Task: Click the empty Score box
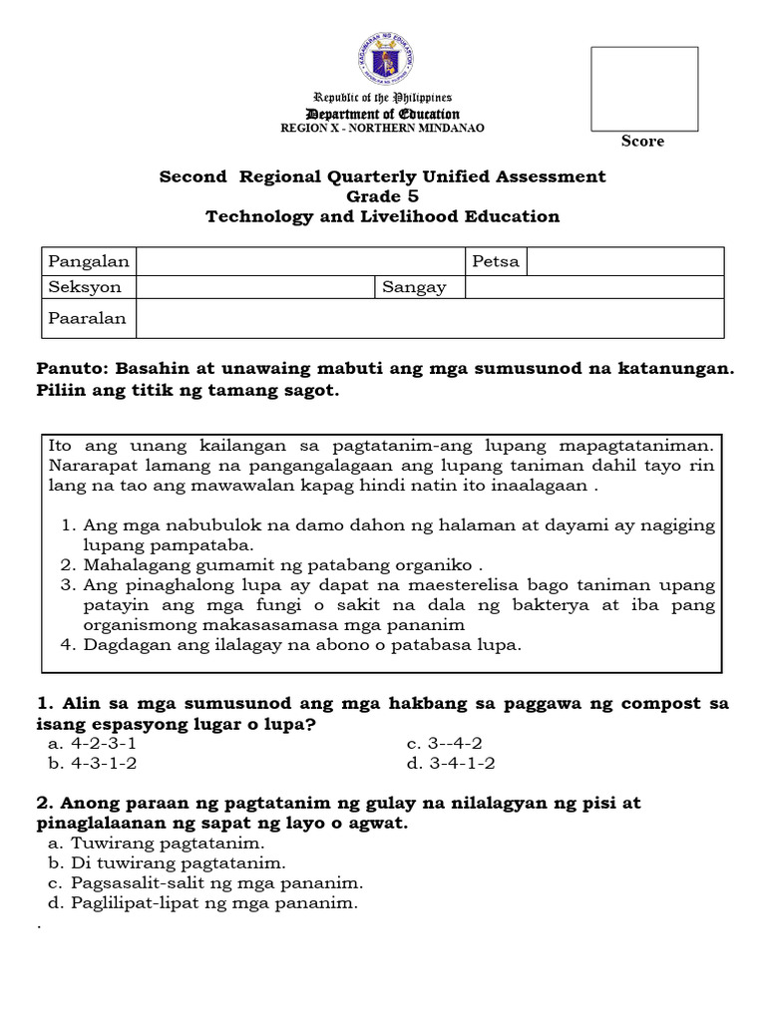[x=642, y=87]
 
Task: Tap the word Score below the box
[x=642, y=142]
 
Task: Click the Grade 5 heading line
[x=383, y=196]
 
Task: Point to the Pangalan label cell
[x=89, y=261]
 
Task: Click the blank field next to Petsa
[x=624, y=261]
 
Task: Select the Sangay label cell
[x=420, y=287]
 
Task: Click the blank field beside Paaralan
[x=429, y=319]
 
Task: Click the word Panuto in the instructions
[x=68, y=369]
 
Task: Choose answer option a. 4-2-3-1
[x=92, y=744]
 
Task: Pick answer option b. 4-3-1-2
[x=92, y=764]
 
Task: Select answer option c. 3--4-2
[x=445, y=744]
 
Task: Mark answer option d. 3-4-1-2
[x=451, y=764]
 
